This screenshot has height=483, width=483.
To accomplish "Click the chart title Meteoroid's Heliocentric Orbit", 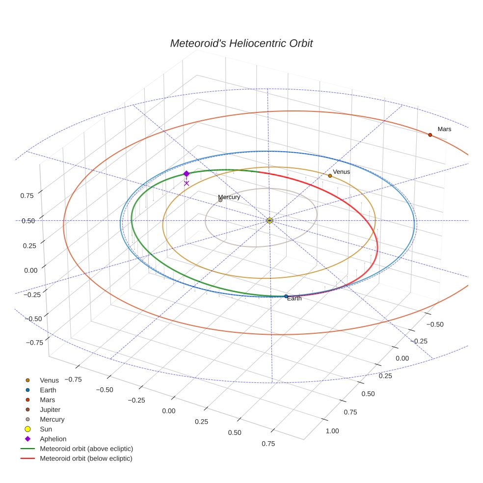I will pos(241,43).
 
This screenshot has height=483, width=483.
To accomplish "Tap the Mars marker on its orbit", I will pos(430,134).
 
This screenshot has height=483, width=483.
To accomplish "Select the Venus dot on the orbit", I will pos(330,175).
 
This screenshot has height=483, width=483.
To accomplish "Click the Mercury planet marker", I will pos(220,200).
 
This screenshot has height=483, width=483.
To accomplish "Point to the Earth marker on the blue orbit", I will pos(286,296).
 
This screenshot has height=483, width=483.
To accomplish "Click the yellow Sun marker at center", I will pos(269,220).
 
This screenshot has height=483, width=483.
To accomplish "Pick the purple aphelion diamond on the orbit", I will pos(187,174).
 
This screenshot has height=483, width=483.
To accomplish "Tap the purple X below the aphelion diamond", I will pos(187,183).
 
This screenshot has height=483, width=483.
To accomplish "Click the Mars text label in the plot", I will pos(444,129).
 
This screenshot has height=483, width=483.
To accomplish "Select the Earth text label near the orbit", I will pos(295,298).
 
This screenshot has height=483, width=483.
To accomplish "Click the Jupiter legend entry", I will pos(50,409).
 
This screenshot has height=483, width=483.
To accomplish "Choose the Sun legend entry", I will pos(46,429).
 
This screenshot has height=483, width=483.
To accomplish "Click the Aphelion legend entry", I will pos(53,439).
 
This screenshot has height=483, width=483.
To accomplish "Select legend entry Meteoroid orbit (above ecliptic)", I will pos(86,449).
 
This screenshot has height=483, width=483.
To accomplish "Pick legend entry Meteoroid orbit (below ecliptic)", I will pos(86,458).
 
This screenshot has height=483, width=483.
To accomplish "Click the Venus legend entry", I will pos(49,380).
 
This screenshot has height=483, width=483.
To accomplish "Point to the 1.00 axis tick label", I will pos(332,431).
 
